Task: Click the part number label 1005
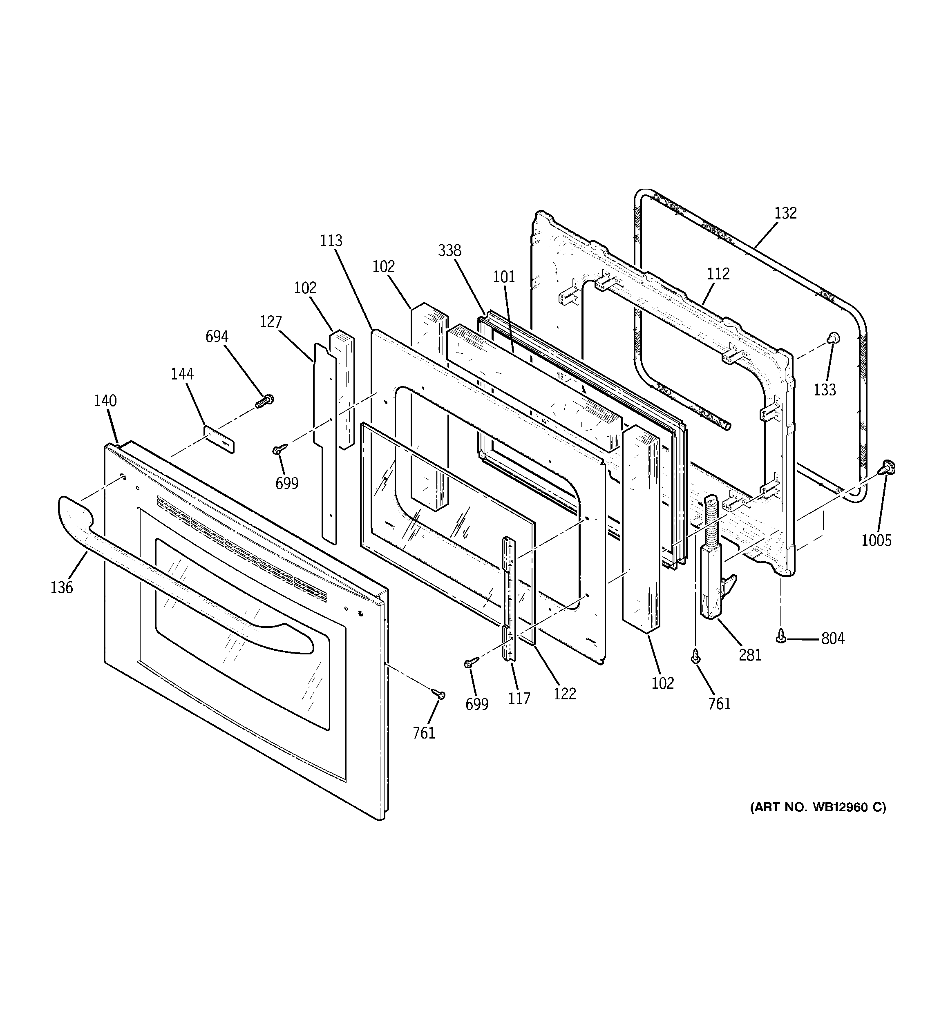click(876, 540)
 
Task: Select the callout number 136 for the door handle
click(62, 587)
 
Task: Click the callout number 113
click(331, 241)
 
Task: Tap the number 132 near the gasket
click(785, 213)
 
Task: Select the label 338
click(449, 250)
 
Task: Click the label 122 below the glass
click(564, 694)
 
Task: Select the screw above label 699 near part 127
click(280, 449)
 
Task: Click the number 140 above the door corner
click(105, 401)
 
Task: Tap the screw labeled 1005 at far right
click(888, 467)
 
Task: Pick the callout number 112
click(718, 274)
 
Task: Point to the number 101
click(504, 277)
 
